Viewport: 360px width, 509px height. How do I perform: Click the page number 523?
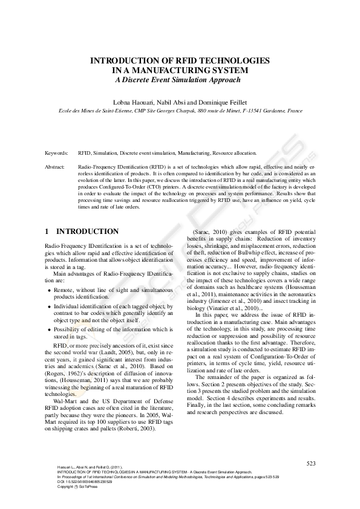pyautogui.click(x=311, y=464)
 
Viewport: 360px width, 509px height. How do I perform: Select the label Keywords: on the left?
pyautogui.click(x=57, y=154)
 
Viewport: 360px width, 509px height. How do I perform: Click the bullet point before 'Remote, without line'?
pyautogui.click(x=50, y=290)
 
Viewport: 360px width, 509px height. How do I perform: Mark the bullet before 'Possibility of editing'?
pyautogui.click(x=50, y=329)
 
